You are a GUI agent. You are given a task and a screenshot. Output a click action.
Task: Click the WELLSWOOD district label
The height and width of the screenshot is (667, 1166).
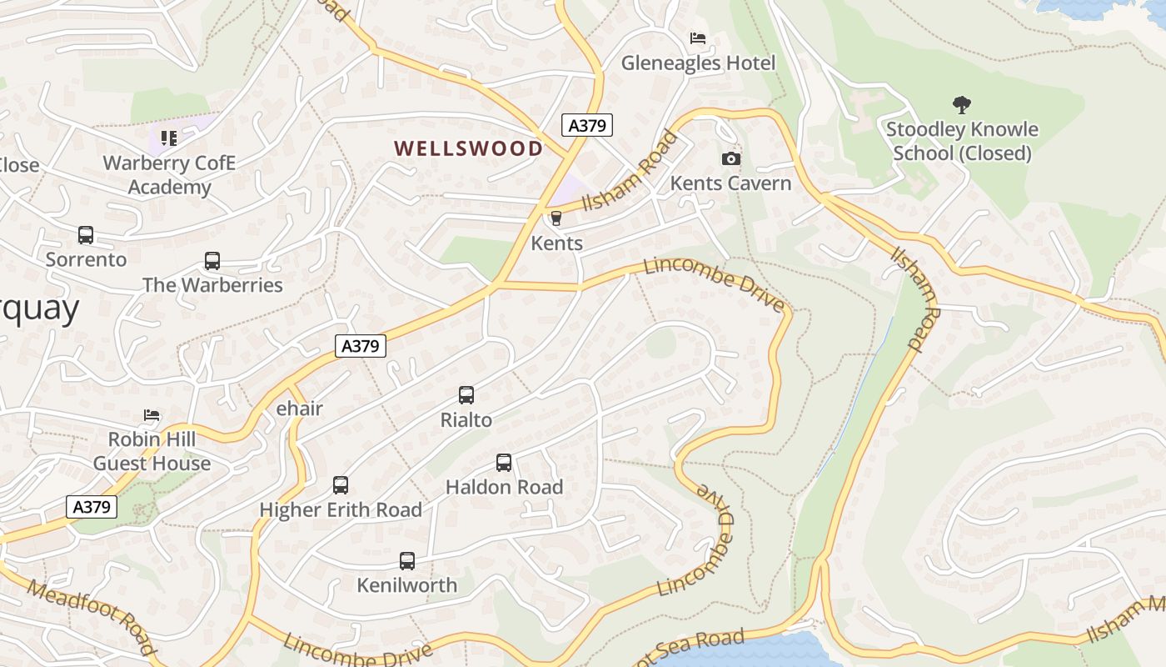pyautogui.click(x=468, y=148)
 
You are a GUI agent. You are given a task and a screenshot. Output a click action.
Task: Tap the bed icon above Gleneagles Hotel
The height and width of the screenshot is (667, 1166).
pyautogui.click(x=698, y=38)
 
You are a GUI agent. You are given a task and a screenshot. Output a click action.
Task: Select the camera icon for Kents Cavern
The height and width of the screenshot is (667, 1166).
pyautogui.click(x=730, y=158)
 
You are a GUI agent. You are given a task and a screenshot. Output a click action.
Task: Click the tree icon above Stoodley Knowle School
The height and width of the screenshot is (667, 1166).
pyautogui.click(x=961, y=105)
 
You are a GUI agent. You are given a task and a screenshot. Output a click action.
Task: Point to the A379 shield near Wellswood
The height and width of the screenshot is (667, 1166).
pyautogui.click(x=587, y=125)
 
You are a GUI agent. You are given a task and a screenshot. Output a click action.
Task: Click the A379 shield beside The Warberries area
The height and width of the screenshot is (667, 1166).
pyautogui.click(x=361, y=345)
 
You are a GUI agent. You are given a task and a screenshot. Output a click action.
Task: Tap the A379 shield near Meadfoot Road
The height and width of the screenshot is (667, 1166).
pyautogui.click(x=92, y=506)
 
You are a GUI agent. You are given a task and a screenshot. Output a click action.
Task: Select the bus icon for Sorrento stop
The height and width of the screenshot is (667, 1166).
pyautogui.click(x=86, y=235)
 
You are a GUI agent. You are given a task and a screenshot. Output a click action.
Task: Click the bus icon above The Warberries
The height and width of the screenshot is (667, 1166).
pyautogui.click(x=212, y=261)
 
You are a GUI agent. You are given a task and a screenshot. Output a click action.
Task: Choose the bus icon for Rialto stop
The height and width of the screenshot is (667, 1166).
pyautogui.click(x=466, y=395)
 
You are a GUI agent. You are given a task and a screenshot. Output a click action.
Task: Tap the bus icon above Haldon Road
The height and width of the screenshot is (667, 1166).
pyautogui.click(x=504, y=463)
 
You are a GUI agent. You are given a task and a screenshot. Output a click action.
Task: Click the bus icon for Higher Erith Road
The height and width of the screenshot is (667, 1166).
pyautogui.click(x=341, y=485)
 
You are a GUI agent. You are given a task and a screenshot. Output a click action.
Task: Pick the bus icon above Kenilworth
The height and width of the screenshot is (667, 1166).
pyautogui.click(x=407, y=561)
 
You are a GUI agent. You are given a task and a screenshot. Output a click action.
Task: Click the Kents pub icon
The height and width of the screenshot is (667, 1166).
pyautogui.click(x=556, y=218)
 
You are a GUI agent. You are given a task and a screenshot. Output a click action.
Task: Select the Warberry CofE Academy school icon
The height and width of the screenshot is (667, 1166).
pyautogui.click(x=169, y=138)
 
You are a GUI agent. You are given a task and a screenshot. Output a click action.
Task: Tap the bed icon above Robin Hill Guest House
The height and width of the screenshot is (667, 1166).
pyautogui.click(x=152, y=414)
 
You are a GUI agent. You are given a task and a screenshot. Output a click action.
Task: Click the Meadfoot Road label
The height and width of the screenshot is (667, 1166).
pyautogui.click(x=92, y=617)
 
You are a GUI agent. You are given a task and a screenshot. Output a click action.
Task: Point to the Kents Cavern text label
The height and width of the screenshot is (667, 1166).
pyautogui.click(x=730, y=183)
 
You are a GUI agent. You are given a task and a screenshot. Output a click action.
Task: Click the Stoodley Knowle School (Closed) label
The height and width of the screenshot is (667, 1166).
pyautogui.click(x=962, y=142)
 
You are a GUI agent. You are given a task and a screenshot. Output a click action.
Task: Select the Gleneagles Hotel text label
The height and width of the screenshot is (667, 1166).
pyautogui.click(x=698, y=63)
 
